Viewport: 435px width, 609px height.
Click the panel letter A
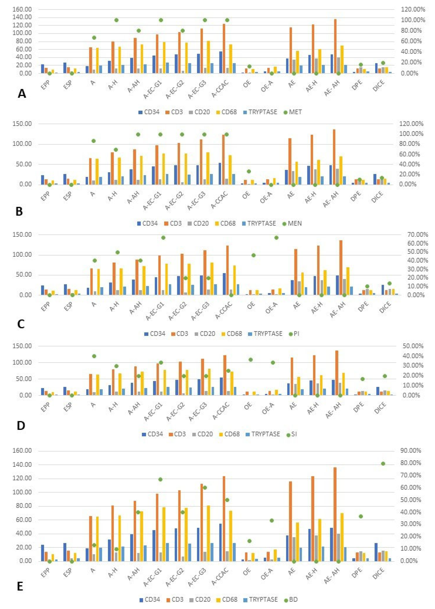tap(22, 94)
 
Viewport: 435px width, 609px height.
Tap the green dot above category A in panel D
tap(94, 356)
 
